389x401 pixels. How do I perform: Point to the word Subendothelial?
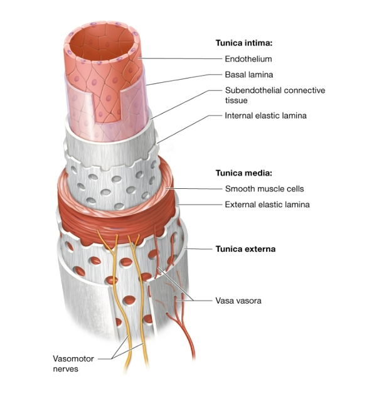click(x=252, y=90)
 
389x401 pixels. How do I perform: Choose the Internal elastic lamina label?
click(x=266, y=115)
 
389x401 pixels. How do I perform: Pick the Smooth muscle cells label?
click(x=264, y=188)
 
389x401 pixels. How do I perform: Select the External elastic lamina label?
click(x=267, y=204)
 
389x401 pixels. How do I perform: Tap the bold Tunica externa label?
click(x=245, y=249)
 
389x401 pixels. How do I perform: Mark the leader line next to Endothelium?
click(x=182, y=59)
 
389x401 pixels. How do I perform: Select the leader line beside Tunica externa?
click(x=200, y=249)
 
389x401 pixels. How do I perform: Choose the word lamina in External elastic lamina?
click(x=297, y=204)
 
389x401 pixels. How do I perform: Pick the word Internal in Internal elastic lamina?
click(x=240, y=115)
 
